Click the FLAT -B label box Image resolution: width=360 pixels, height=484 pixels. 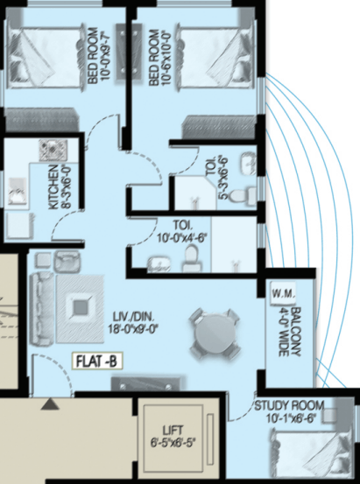97,361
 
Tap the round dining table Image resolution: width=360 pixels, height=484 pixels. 215,334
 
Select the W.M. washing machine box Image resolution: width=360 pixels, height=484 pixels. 283,293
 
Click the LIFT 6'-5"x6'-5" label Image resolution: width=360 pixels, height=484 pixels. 173,437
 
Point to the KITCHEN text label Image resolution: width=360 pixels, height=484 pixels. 53,186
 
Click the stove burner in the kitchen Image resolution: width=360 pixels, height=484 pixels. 53,150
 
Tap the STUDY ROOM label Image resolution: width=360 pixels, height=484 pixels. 289,405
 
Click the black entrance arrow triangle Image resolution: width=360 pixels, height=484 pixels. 50,404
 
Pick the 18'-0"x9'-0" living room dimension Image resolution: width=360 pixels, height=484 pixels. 133,328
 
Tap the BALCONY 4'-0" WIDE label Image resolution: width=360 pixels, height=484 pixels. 290,332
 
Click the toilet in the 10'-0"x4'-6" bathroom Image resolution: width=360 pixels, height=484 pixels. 191,258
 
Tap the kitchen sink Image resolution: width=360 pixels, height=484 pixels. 18,191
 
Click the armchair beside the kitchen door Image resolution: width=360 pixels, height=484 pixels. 67,261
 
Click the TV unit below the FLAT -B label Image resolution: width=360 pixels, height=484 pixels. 146,384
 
